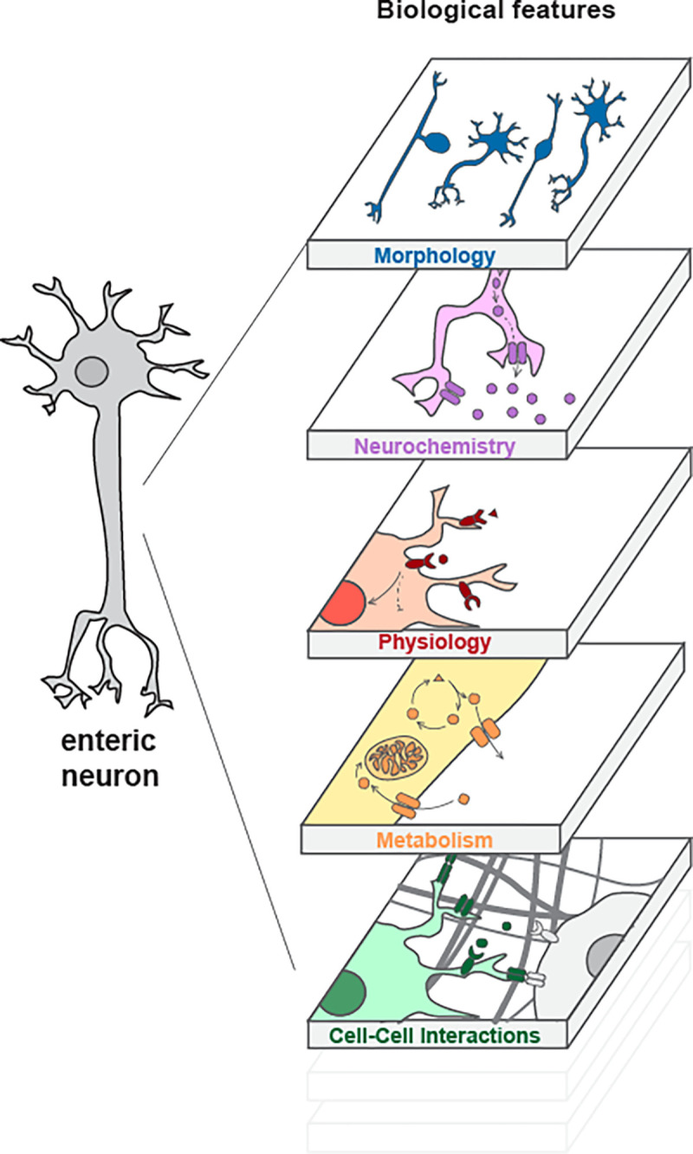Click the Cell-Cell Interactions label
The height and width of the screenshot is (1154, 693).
[434, 1035]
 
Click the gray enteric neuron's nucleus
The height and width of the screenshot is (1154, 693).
[90, 373]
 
